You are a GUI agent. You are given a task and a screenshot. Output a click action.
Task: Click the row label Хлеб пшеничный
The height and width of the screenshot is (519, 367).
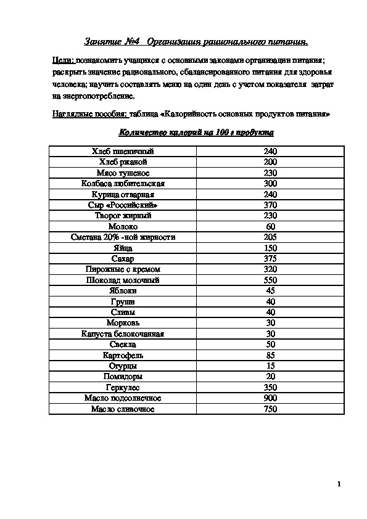pyautogui.click(x=123, y=152)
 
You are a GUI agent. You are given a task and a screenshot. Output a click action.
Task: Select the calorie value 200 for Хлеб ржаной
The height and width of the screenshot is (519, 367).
pyautogui.click(x=270, y=162)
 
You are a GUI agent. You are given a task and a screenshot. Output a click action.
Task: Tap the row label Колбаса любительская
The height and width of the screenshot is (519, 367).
pyautogui.click(x=123, y=184)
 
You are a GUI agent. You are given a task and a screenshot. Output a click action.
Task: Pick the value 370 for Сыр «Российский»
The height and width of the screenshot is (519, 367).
pyautogui.click(x=270, y=205)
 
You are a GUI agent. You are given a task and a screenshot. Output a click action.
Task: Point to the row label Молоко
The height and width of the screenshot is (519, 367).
pyautogui.click(x=123, y=227)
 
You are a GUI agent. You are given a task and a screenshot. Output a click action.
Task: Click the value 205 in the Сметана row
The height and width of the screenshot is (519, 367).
pyautogui.click(x=270, y=237)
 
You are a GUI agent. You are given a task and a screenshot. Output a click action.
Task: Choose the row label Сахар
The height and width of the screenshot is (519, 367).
pyautogui.click(x=123, y=259)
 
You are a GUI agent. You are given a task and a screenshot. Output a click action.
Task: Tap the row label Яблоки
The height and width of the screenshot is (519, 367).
pyautogui.click(x=123, y=291)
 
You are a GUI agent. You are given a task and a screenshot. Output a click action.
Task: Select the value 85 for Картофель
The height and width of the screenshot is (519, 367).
pyautogui.click(x=270, y=355)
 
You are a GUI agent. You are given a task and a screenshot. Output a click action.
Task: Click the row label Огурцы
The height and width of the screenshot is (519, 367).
pyautogui.click(x=123, y=366)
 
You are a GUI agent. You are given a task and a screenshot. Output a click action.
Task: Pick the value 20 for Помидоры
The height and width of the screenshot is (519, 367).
pyautogui.click(x=270, y=377)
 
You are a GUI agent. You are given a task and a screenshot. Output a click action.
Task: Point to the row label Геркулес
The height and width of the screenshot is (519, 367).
pyautogui.click(x=123, y=387)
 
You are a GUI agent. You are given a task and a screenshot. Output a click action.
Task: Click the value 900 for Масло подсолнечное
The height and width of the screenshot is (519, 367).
pyautogui.click(x=270, y=398)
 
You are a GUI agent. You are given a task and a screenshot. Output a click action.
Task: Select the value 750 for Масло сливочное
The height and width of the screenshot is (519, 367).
pyautogui.click(x=270, y=409)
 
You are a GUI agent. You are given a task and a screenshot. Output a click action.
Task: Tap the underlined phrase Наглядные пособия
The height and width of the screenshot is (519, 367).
pyautogui.click(x=89, y=115)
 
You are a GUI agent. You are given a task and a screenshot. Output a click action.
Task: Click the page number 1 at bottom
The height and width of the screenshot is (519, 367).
pyautogui.click(x=339, y=484)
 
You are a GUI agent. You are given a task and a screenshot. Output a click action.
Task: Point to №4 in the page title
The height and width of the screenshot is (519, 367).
pyautogui.click(x=134, y=42)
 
